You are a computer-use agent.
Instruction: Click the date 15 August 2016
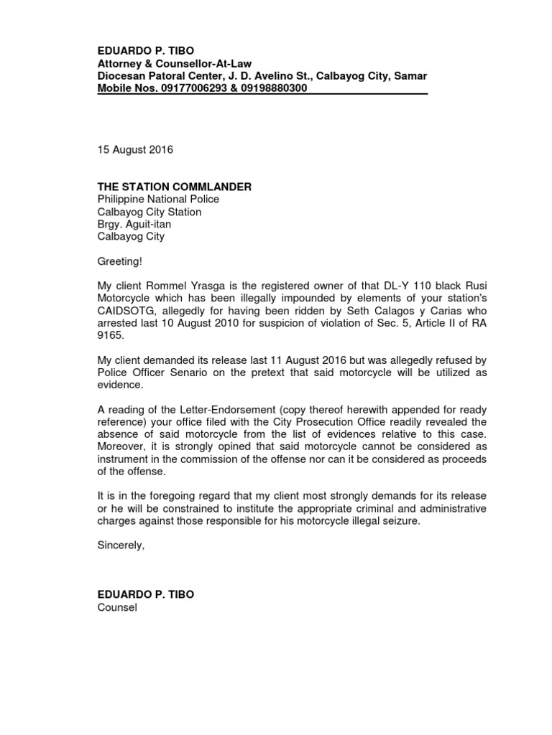135,150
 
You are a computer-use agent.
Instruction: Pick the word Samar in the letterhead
410,76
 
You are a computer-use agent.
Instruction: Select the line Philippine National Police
158,199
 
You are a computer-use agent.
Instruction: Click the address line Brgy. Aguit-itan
134,224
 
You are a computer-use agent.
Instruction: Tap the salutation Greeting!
120,261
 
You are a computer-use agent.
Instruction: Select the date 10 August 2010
190,322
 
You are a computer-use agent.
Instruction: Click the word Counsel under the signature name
116,608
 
